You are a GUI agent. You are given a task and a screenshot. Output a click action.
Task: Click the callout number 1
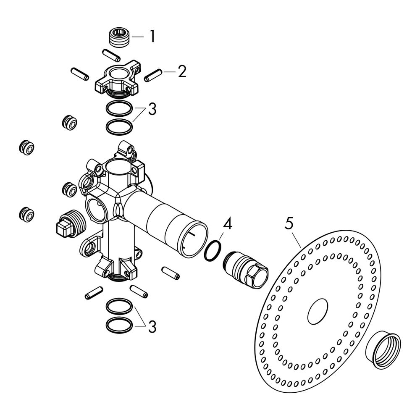[x=152, y=37]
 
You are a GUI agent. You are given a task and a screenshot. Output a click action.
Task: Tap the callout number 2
[x=182, y=71]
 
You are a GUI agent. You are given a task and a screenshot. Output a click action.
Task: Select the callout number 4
[x=227, y=224]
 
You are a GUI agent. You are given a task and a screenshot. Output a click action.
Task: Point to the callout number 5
[x=289, y=223]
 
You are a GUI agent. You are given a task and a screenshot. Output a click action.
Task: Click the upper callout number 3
[x=152, y=109]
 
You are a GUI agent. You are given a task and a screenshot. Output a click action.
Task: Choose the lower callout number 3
[x=152, y=327]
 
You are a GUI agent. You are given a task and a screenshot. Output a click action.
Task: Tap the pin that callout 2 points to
[x=153, y=75]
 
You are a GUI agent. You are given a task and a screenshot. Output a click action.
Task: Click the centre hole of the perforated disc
[x=318, y=311]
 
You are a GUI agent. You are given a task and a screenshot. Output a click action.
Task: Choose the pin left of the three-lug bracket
[x=79, y=73]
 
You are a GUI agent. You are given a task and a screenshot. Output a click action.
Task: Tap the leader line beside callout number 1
[x=138, y=37]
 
